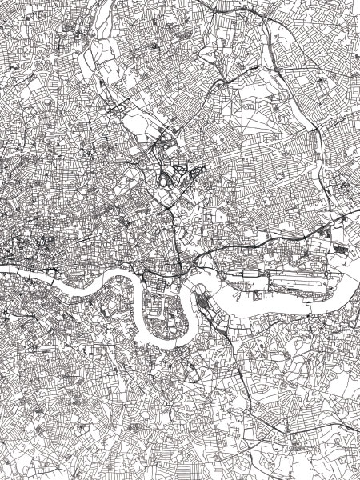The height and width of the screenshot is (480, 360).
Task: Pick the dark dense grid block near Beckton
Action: coord(344,249)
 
